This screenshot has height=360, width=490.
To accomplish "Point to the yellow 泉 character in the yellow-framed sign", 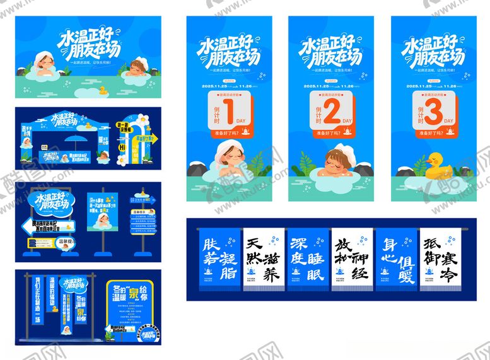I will pos(135,293).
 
